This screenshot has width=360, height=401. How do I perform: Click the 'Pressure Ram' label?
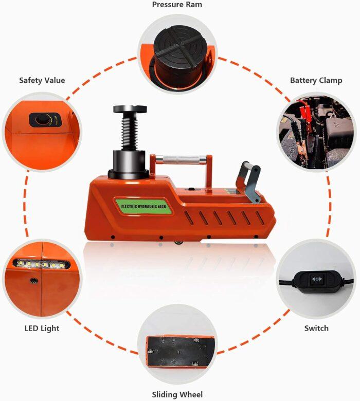[177, 5]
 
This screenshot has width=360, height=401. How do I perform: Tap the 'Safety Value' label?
[42, 80]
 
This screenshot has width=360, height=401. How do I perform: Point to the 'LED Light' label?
[42, 328]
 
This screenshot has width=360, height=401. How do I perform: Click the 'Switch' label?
[316, 328]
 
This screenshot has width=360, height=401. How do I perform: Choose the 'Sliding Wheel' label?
[177, 395]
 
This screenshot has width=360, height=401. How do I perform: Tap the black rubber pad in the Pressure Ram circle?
[176, 49]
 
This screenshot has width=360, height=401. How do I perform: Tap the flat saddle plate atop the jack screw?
[131, 110]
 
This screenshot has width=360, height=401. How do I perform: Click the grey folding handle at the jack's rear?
[249, 180]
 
